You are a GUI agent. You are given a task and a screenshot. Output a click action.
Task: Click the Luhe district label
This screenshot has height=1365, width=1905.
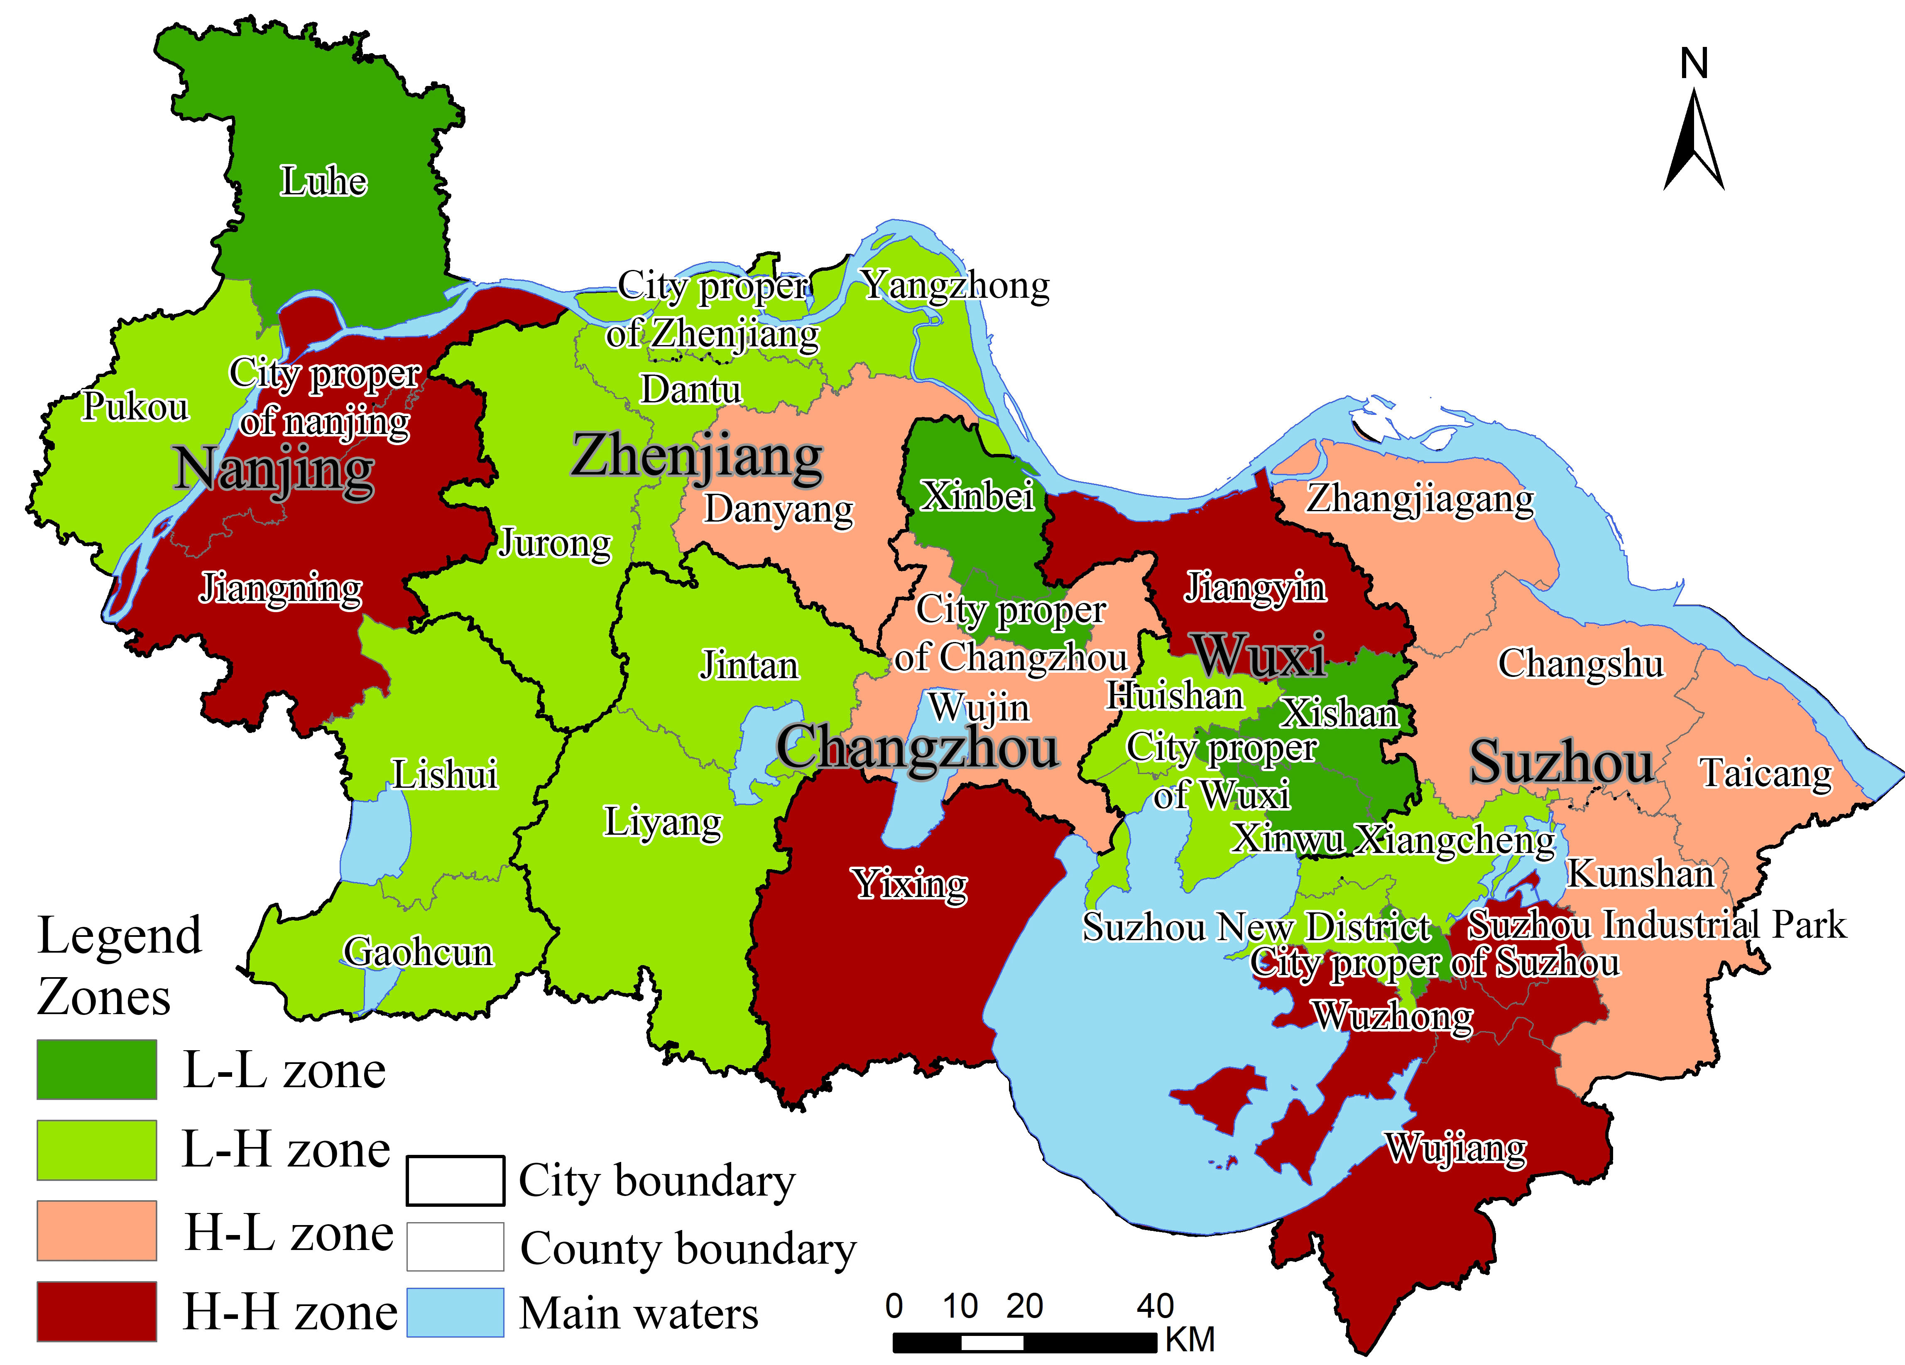[323, 181]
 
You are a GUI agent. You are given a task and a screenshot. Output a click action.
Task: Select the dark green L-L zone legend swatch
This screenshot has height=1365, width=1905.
[97, 1069]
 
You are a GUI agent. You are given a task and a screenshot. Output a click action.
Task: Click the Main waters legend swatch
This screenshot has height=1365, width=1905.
[455, 1312]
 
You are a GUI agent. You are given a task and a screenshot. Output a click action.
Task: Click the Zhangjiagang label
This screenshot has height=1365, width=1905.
[1420, 499]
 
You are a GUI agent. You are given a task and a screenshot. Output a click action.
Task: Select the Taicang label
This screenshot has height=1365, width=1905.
[1765, 773]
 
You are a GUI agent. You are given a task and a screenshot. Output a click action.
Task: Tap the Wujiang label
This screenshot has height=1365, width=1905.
[1456, 1148]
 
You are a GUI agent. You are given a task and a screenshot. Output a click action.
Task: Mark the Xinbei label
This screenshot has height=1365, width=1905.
[977, 496]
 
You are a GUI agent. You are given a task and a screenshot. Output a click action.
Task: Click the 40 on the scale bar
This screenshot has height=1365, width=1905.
[1155, 1306]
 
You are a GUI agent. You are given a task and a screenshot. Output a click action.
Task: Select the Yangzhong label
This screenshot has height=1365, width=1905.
[956, 286]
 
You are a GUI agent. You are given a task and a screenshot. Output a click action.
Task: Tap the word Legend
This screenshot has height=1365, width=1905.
[120, 936]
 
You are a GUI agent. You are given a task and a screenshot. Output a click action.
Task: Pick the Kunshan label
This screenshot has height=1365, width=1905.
[1641, 874]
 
